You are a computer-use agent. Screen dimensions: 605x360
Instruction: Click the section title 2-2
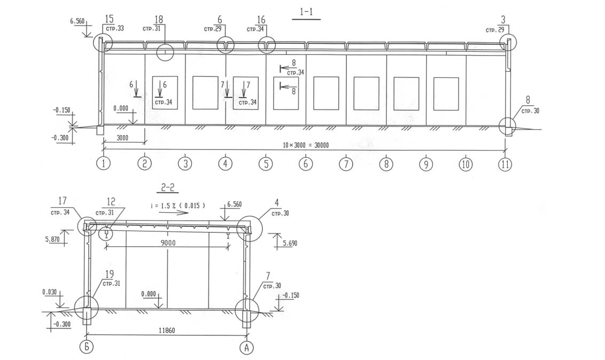tap(168, 187)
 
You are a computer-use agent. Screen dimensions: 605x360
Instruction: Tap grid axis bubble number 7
tap(346, 164)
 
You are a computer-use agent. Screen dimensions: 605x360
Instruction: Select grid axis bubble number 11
tap(505, 164)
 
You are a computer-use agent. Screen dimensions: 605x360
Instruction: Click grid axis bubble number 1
tap(103, 163)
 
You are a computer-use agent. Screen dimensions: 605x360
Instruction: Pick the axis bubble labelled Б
tap(87, 347)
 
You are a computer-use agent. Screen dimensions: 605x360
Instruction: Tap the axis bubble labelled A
tap(247, 348)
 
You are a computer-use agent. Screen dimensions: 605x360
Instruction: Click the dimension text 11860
tap(167, 330)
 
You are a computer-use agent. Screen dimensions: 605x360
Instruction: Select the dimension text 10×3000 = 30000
tap(306, 145)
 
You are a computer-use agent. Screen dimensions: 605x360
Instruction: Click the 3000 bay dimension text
tap(122, 138)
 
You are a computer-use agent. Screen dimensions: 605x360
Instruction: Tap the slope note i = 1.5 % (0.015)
tap(178, 206)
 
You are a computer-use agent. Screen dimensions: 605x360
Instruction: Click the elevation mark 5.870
tap(52, 239)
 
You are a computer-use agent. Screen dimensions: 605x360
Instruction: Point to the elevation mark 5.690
tap(290, 243)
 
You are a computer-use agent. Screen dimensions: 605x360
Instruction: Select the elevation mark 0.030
tap(49, 293)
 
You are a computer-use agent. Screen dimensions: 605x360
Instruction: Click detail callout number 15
tap(109, 19)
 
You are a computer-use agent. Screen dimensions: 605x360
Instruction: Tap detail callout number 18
tap(159, 19)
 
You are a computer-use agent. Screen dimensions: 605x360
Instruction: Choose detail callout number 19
tap(109, 274)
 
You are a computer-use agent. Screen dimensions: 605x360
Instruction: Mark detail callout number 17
tap(63, 201)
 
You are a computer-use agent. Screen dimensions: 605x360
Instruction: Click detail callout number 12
tap(111, 201)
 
